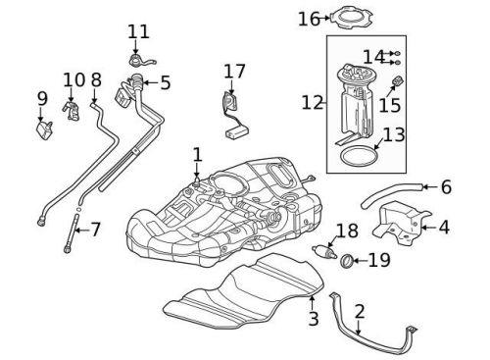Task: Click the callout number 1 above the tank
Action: pyautogui.click(x=197, y=154)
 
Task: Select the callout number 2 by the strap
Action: pyautogui.click(x=359, y=312)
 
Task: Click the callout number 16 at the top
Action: pyautogui.click(x=310, y=18)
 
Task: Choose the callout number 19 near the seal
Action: pyautogui.click(x=379, y=260)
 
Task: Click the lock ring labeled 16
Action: pyautogui.click(x=345, y=17)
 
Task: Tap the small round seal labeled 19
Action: pyautogui.click(x=346, y=261)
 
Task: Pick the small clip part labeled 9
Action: pyautogui.click(x=43, y=129)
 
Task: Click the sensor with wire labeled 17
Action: pyautogui.click(x=233, y=106)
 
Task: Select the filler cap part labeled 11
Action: pyautogui.click(x=136, y=64)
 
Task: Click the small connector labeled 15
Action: pyautogui.click(x=397, y=81)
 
